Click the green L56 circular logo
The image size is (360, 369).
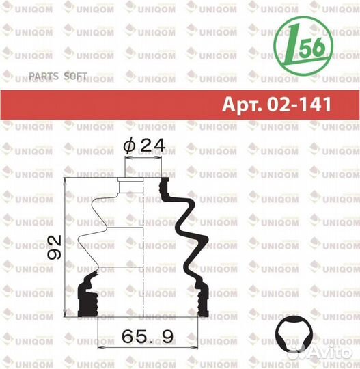coord(303,46)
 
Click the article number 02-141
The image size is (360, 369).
coord(299,105)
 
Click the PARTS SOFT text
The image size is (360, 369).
coord(58,76)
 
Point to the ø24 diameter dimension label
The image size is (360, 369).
coord(144,146)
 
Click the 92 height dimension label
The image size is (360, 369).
coord(55,247)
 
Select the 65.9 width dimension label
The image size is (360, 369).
coord(148,336)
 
